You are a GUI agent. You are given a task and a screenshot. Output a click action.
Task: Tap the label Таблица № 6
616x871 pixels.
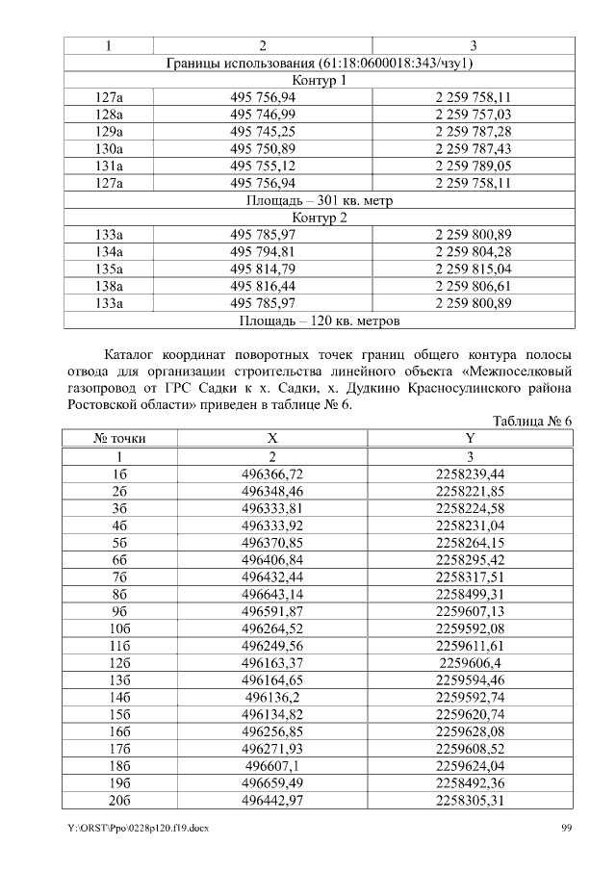pos(532,422)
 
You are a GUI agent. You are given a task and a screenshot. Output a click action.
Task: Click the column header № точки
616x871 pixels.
pos(119,439)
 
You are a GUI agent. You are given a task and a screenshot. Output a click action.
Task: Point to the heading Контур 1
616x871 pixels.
pos(319,80)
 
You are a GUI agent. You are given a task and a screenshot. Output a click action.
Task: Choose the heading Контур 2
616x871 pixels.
pos(319,218)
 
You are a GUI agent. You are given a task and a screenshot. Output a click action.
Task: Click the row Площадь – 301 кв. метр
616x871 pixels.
pos(319,201)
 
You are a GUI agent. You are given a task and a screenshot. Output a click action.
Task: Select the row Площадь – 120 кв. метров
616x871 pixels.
pos(319,320)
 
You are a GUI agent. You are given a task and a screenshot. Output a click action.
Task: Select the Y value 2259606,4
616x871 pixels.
pos(471,664)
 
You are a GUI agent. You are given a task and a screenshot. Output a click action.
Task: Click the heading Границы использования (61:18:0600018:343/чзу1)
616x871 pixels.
pos(319,63)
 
